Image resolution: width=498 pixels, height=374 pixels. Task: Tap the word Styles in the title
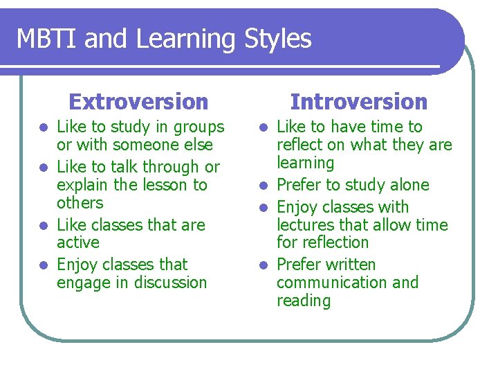[x=278, y=39]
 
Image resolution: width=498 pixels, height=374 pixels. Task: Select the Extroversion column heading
[x=138, y=102]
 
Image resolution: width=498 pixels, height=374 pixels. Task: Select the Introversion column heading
[x=359, y=102]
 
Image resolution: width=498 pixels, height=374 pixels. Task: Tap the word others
[x=80, y=203]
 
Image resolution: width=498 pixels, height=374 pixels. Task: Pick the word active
[x=78, y=242]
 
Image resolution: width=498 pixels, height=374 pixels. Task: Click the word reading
[x=304, y=301]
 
